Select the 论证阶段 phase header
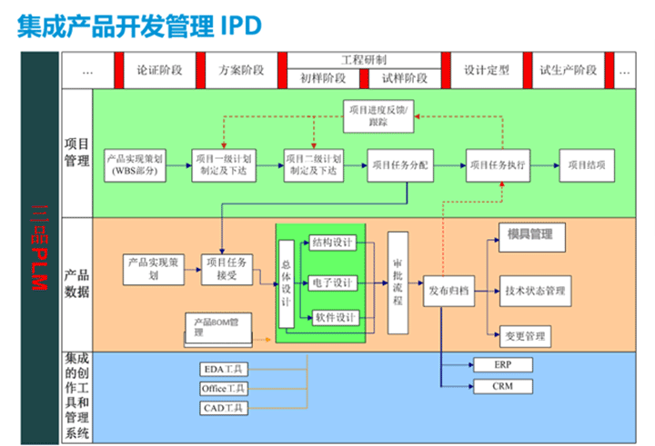pyautogui.click(x=159, y=70)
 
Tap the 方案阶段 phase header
pyautogui.click(x=241, y=70)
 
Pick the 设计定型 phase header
pyautogui.click(x=487, y=70)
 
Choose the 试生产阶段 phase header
pyautogui.click(x=568, y=70)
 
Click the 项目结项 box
pyautogui.click(x=586, y=165)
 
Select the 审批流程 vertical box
pyautogui.click(x=398, y=282)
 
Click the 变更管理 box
pyautogui.click(x=525, y=336)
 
